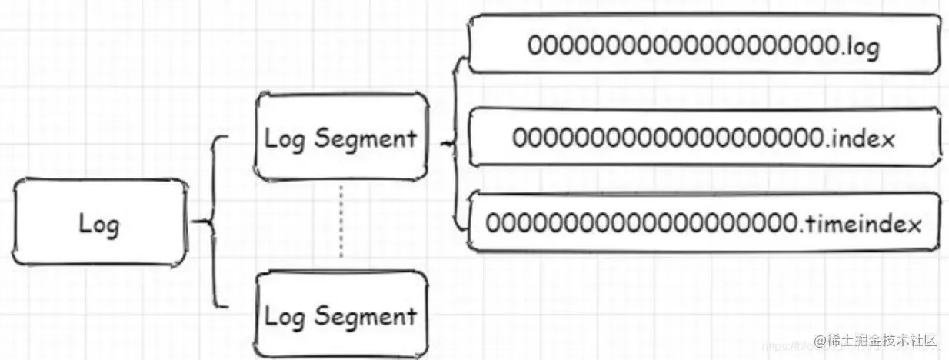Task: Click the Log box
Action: coord(101,225)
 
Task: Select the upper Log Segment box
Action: coord(341,138)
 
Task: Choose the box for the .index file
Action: coord(703,138)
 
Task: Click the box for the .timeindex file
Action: coord(703,223)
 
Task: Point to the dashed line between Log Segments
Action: coord(341,223)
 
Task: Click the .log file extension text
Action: coord(861,46)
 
